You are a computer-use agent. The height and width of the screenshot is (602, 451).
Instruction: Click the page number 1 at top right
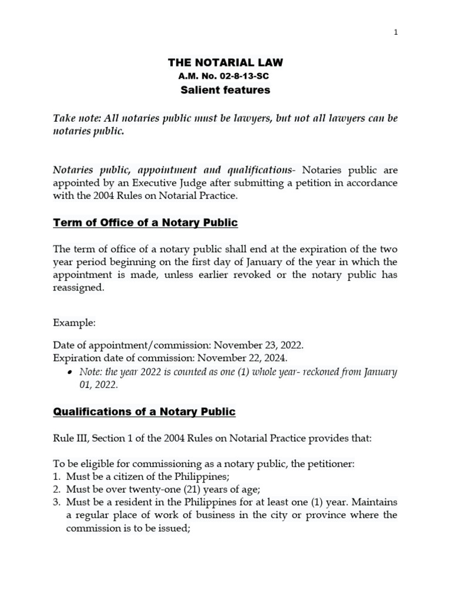tap(396, 32)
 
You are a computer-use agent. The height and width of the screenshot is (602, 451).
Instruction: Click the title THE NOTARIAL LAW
tap(226, 62)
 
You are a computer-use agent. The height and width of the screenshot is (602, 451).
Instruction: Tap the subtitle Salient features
tap(226, 90)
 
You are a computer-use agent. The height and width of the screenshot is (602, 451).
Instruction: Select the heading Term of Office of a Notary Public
tap(145, 223)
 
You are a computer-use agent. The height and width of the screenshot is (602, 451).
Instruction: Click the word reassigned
tap(79, 288)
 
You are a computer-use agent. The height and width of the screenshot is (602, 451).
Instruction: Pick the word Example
tap(74, 323)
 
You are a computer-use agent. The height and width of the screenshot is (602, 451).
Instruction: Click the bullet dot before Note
tap(70, 373)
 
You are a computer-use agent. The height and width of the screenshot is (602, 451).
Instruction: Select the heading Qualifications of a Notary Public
tap(144, 412)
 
